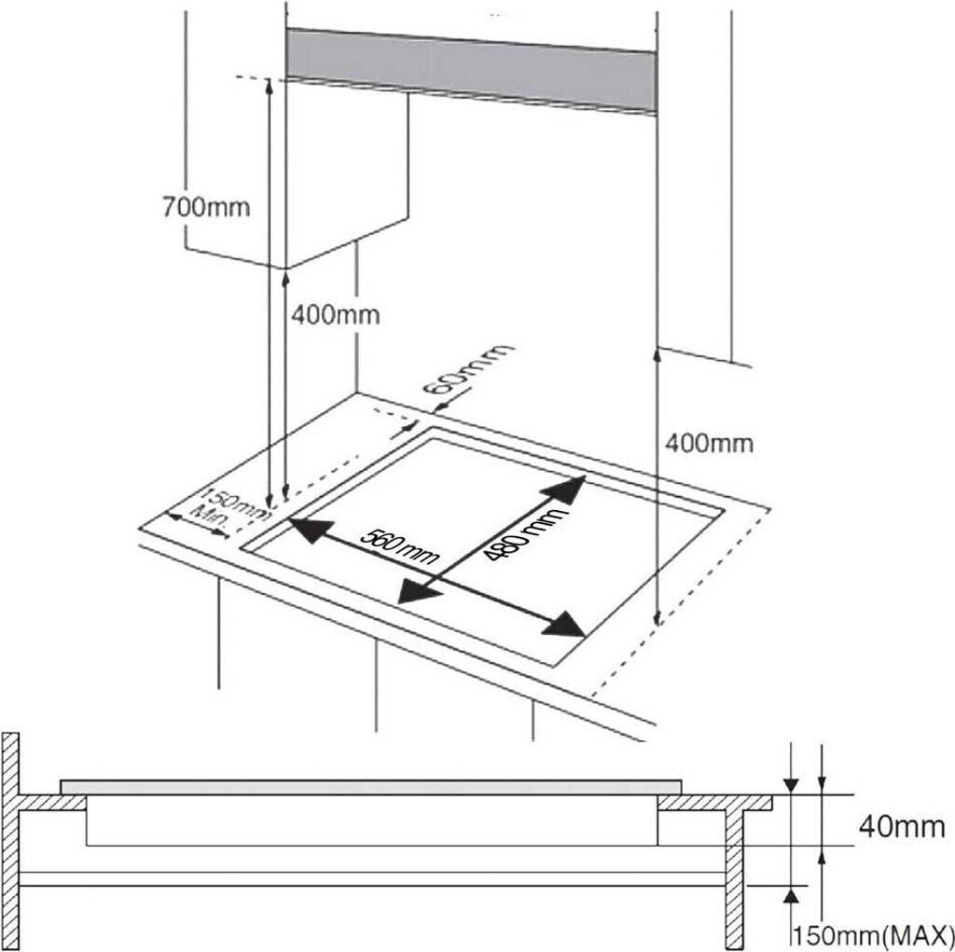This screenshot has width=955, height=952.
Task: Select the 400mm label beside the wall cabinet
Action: click(335, 315)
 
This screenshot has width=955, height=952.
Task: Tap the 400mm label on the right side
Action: click(709, 443)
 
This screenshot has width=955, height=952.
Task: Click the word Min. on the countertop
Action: click(207, 515)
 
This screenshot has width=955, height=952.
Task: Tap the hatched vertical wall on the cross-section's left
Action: click(10, 839)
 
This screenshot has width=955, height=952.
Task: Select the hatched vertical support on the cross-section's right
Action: click(734, 876)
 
